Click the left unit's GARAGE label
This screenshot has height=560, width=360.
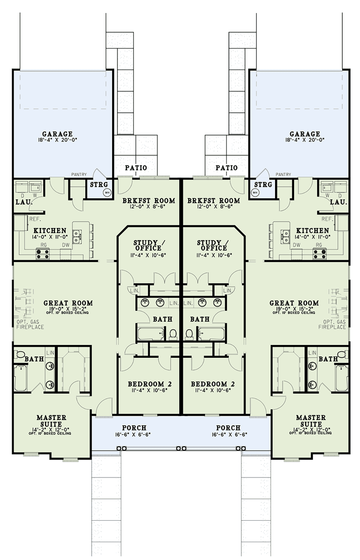click(57, 134)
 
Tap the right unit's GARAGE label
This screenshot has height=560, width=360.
click(304, 134)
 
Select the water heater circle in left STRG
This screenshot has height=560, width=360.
click(107, 192)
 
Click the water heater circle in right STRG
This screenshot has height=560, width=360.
click(255, 192)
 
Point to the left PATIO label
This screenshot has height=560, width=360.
click(136, 168)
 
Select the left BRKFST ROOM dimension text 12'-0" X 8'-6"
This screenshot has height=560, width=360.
click(148, 207)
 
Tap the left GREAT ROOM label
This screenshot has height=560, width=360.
click(68, 303)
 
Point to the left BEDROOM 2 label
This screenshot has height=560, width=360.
click(150, 384)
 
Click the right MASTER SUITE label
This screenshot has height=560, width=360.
click(311, 421)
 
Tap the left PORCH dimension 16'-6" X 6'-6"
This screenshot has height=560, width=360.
click(134, 434)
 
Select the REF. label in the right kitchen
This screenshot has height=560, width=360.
click(327, 219)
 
